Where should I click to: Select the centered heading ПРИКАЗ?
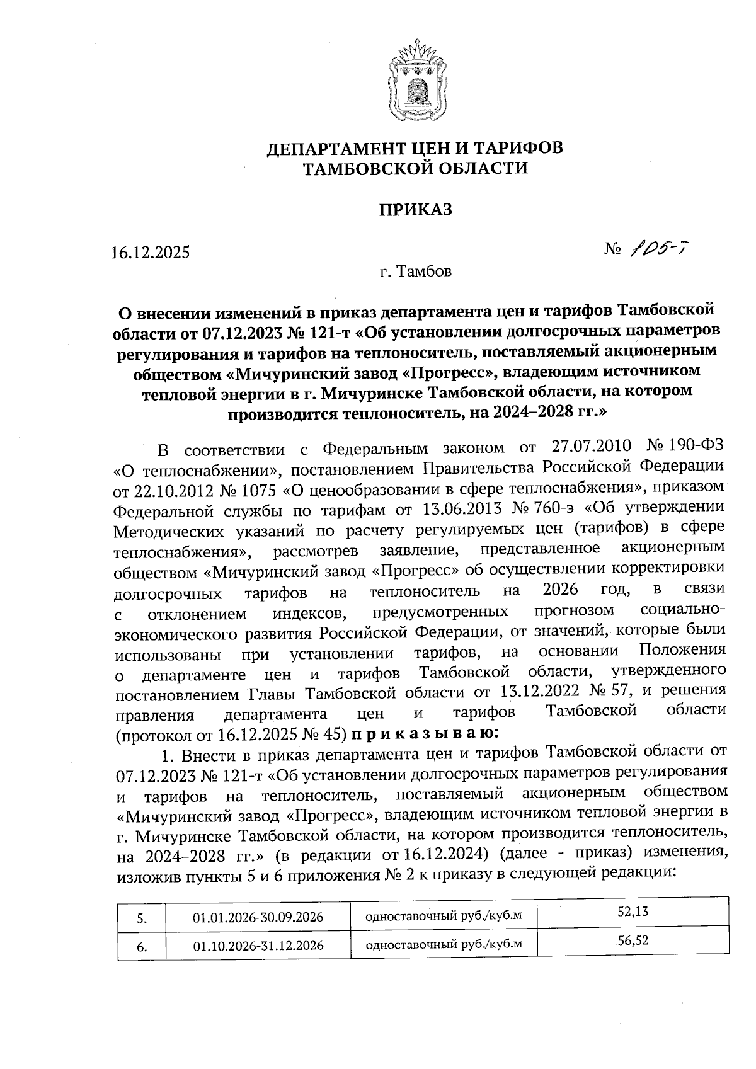415,210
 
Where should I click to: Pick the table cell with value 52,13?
633,912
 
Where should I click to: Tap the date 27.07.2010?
591,447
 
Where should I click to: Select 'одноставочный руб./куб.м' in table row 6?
444,945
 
